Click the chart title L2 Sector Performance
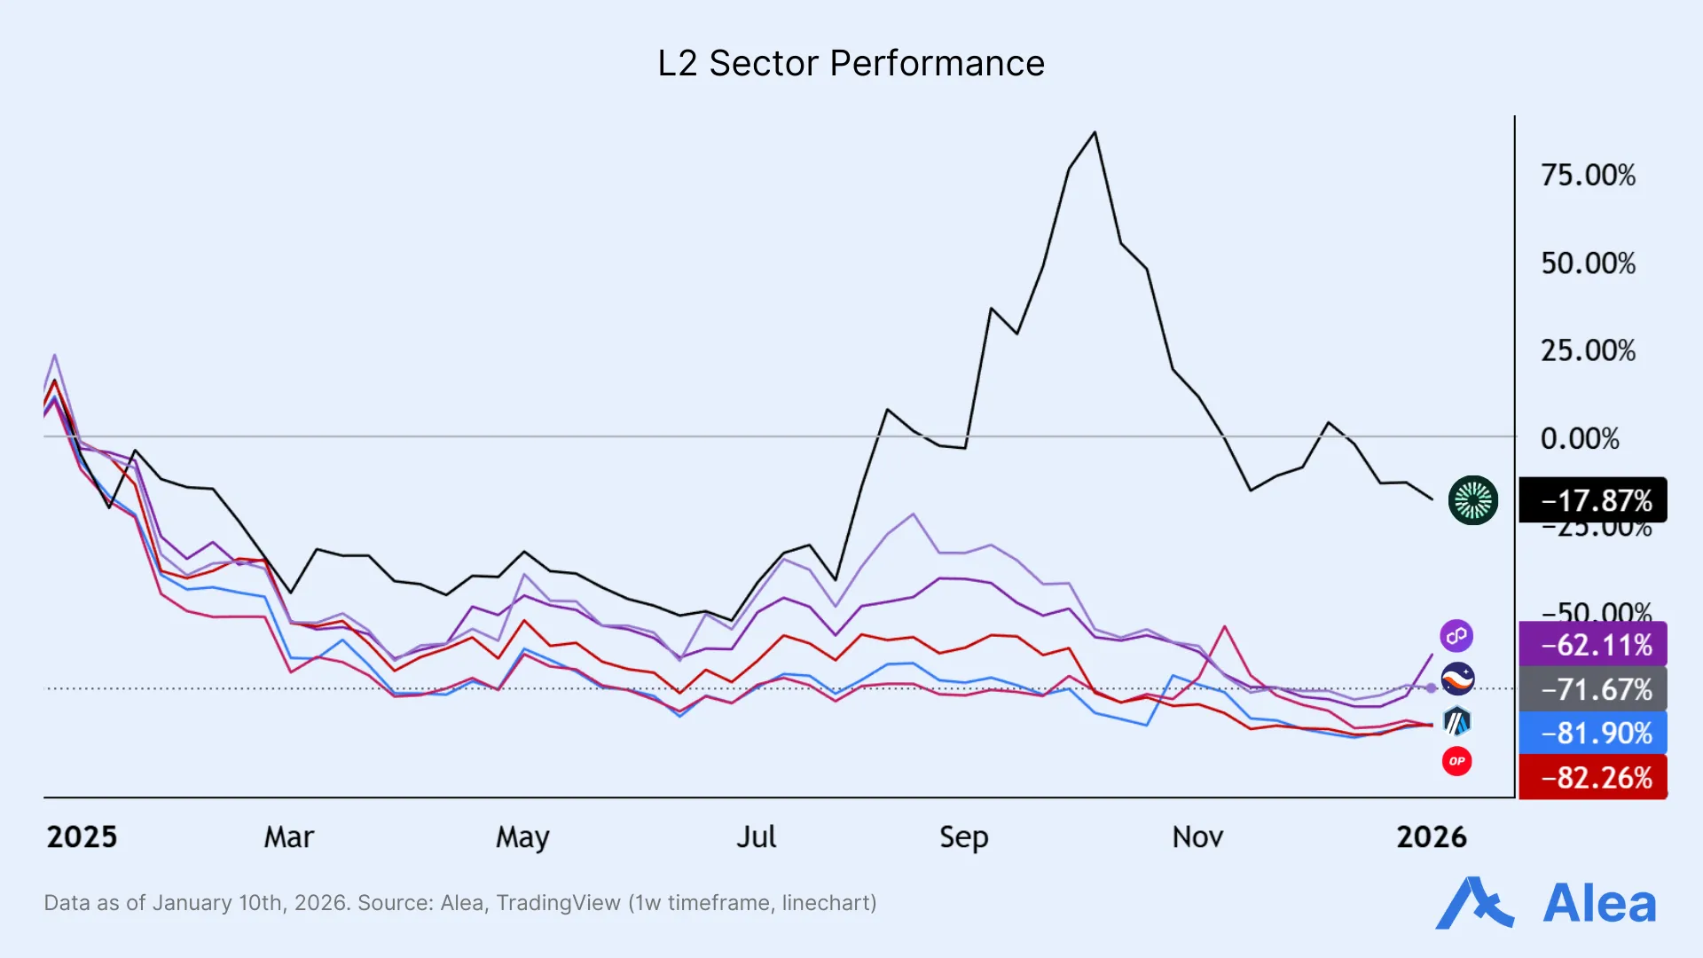851,64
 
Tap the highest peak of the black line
1095,133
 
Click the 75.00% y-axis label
1588,176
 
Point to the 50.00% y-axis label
1588,263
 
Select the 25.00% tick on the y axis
1588,351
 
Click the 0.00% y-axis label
1580,439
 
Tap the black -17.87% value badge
1593,500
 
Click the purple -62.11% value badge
1593,645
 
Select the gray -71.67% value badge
1593,689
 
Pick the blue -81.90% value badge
1593,734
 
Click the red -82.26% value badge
1593,778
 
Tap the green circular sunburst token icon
1472,500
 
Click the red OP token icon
1456,761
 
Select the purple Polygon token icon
1456,636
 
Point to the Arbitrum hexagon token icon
1456,722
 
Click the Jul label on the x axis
756,837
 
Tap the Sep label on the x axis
963,837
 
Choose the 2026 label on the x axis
1431,837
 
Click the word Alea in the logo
1599,905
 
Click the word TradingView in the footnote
558,903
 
